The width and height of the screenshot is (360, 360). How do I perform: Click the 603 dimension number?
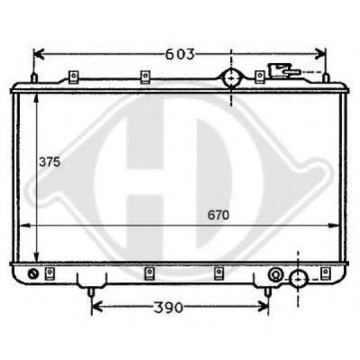(x=180, y=53)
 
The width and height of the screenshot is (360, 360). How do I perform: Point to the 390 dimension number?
(x=168, y=307)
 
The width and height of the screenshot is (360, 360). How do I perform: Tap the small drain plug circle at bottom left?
(x=34, y=273)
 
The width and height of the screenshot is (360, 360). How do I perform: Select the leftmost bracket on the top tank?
(x=71, y=77)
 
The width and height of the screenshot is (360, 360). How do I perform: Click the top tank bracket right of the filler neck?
(x=262, y=77)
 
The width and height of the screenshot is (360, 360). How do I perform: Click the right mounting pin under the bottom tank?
(x=268, y=291)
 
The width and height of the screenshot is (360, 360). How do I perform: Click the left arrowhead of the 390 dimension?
(x=96, y=307)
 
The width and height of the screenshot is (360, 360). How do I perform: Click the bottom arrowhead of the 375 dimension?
(x=35, y=257)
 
